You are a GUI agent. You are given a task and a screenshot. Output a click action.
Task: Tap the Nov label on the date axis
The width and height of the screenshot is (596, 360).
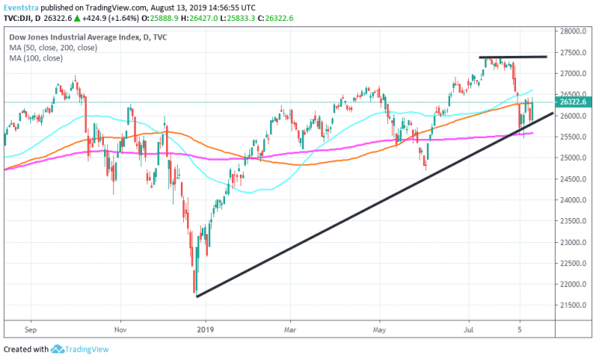(120, 329)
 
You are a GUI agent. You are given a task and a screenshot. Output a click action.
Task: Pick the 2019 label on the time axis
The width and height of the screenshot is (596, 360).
(206, 329)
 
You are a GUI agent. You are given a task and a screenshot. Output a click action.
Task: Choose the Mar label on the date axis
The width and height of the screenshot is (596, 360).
(289, 329)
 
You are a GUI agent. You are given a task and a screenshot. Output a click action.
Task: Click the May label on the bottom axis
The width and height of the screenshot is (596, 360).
(379, 329)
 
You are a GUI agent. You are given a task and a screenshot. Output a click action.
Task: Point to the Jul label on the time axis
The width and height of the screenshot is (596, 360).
(468, 329)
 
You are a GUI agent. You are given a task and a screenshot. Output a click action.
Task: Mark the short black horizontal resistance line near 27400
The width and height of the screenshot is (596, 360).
(513, 57)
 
